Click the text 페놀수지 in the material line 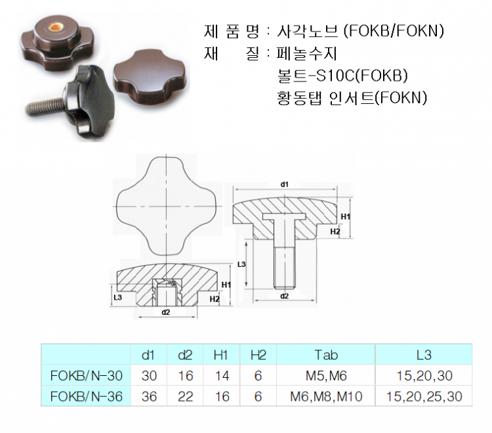[306, 53]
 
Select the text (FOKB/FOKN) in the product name [394, 31]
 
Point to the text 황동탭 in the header [299, 98]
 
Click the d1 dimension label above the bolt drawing [284, 185]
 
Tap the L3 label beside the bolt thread [241, 264]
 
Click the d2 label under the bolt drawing [284, 296]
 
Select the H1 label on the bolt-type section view [346, 217]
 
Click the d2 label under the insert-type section [166, 312]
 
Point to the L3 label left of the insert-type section [117, 297]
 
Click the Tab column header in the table [326, 355]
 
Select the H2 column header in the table [258, 355]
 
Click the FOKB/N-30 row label [87, 376]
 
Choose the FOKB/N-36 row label [87, 397]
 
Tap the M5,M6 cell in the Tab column [326, 376]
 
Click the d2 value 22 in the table [185, 397]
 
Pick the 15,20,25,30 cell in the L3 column [424, 397]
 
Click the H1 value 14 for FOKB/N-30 [222, 376]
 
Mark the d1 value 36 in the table [149, 397]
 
